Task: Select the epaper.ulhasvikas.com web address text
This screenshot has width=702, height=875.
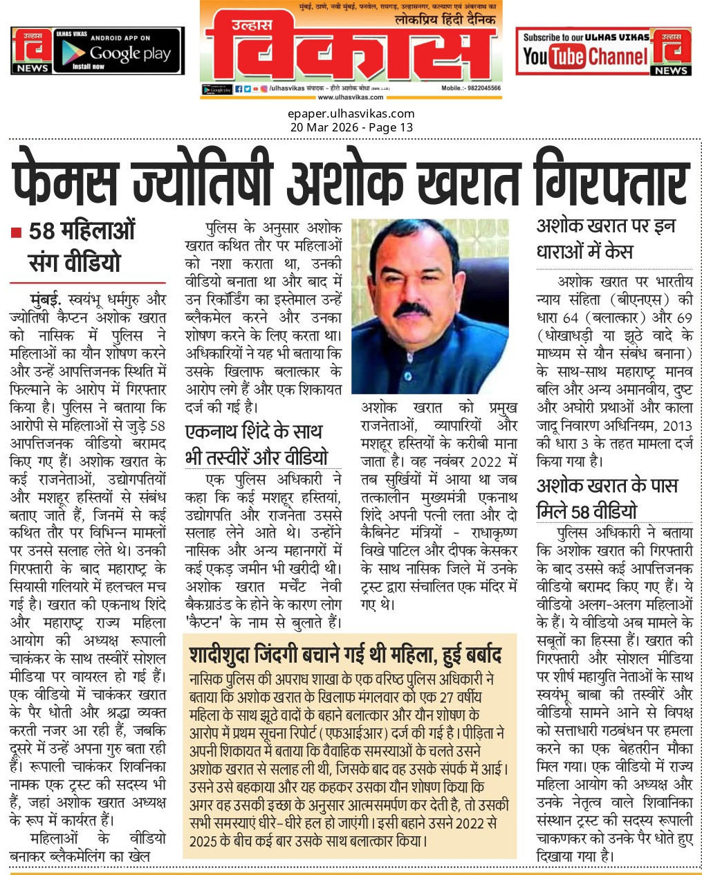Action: (x=351, y=113)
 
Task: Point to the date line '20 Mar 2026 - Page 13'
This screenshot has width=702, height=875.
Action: (x=351, y=127)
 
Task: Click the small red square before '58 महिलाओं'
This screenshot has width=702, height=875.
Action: (x=16, y=232)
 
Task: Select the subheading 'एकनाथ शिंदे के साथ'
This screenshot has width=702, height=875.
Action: (x=254, y=432)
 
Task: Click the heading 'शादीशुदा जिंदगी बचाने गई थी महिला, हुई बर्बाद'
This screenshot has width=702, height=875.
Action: (x=346, y=654)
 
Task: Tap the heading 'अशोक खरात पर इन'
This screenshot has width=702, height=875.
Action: (x=606, y=226)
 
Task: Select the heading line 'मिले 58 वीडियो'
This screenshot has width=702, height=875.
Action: (x=586, y=512)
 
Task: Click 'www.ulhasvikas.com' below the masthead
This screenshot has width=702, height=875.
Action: (x=351, y=98)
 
